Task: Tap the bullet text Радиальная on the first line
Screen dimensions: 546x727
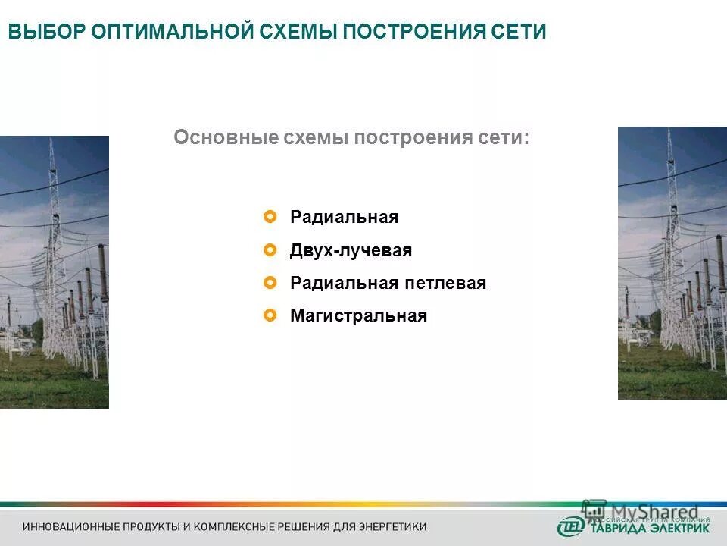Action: (x=344, y=218)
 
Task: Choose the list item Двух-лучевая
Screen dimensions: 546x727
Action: (x=351, y=251)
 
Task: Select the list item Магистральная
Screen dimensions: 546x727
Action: (x=358, y=316)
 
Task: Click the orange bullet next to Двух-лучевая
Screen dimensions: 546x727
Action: (x=270, y=250)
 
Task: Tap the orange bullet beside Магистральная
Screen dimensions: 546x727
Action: (x=270, y=315)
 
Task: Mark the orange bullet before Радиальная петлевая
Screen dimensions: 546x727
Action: (x=270, y=283)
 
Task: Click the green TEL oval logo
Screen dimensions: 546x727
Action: (x=569, y=526)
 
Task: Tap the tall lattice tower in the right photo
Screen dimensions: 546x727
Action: (x=669, y=227)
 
